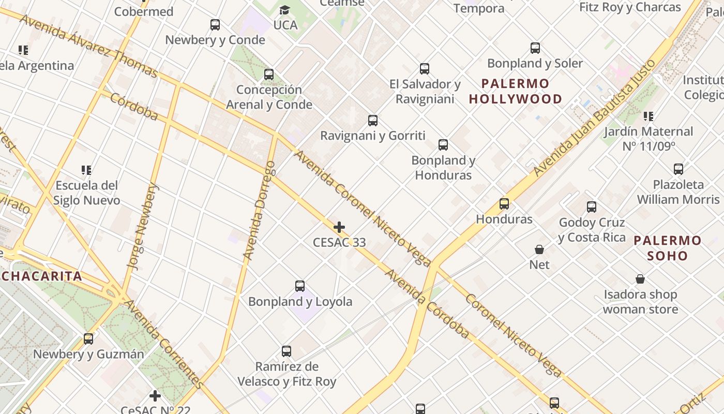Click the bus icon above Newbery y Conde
pos(215,24)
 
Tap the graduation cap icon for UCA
pos(284,10)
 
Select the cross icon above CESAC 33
pos(339,227)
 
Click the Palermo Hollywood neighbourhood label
pos(515,91)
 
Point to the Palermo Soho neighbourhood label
pos(668,248)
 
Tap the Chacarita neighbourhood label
pos(41,276)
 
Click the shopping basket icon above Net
pos(539,249)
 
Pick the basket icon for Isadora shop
pos(640,279)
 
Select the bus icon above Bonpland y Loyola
pos(300,286)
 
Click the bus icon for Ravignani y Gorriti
pos(373,121)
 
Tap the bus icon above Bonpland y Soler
pos(535,48)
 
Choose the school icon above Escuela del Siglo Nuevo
pos(86,170)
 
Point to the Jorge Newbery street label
pos(142,227)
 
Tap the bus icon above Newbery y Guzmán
pos(88,339)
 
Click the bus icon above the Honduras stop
pos(504,204)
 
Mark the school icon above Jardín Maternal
pos(648,116)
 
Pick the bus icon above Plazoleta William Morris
pos(678,169)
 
